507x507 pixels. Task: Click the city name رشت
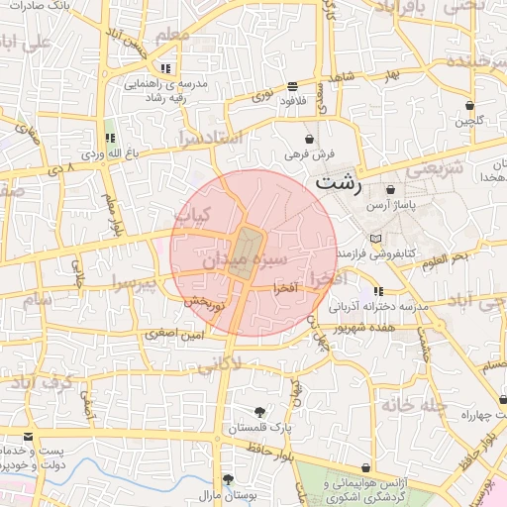pos(339,184)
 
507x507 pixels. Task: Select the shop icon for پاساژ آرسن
pos(391,189)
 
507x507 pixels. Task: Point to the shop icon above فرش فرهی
pos(311,139)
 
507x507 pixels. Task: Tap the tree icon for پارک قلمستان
pos(259,411)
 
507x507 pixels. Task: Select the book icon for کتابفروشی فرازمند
pos(374,240)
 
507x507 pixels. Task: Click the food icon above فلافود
pos(291,85)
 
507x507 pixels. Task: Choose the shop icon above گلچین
pos(468,105)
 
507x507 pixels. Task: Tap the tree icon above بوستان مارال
pos(228,478)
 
